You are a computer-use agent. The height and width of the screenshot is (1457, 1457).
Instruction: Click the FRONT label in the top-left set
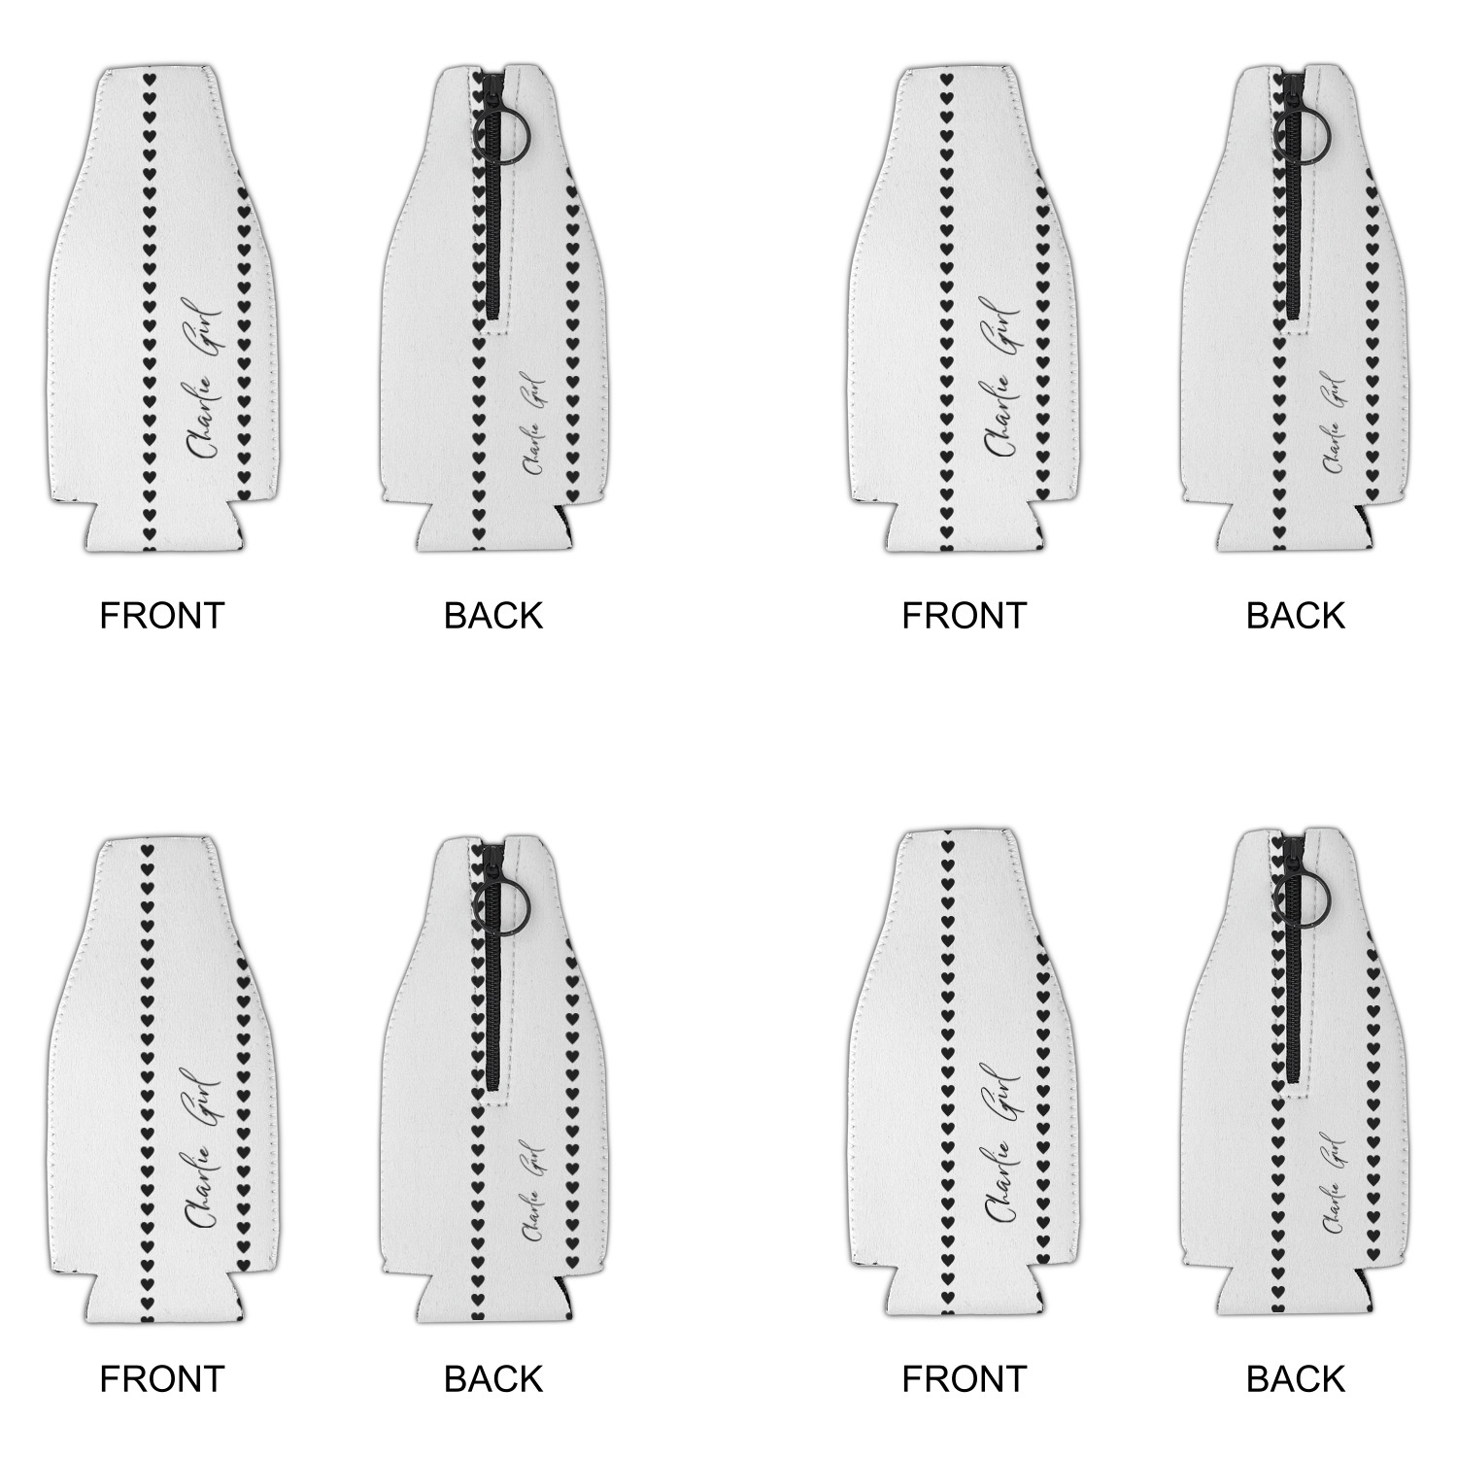(x=162, y=616)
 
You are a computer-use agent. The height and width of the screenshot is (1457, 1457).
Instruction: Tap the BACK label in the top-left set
(x=492, y=616)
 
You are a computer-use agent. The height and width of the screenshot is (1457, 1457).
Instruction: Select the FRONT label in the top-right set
(x=964, y=616)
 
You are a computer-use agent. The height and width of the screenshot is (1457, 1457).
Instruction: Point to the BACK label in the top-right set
(x=1295, y=616)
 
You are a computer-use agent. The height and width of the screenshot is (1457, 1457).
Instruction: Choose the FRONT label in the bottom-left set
(x=162, y=1378)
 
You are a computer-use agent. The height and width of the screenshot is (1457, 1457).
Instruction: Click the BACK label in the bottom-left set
(x=492, y=1378)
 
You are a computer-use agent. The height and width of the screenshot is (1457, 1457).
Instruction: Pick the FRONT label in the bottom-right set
(x=964, y=1378)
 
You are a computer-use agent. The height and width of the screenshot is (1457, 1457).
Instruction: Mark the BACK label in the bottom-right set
(x=1295, y=1378)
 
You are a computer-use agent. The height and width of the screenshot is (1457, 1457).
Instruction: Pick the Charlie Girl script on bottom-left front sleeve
(x=204, y=1149)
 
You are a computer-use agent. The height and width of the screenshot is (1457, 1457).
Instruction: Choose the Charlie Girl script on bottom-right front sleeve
(x=1003, y=1143)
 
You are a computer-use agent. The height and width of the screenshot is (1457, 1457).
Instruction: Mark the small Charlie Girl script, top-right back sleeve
(x=1336, y=424)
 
